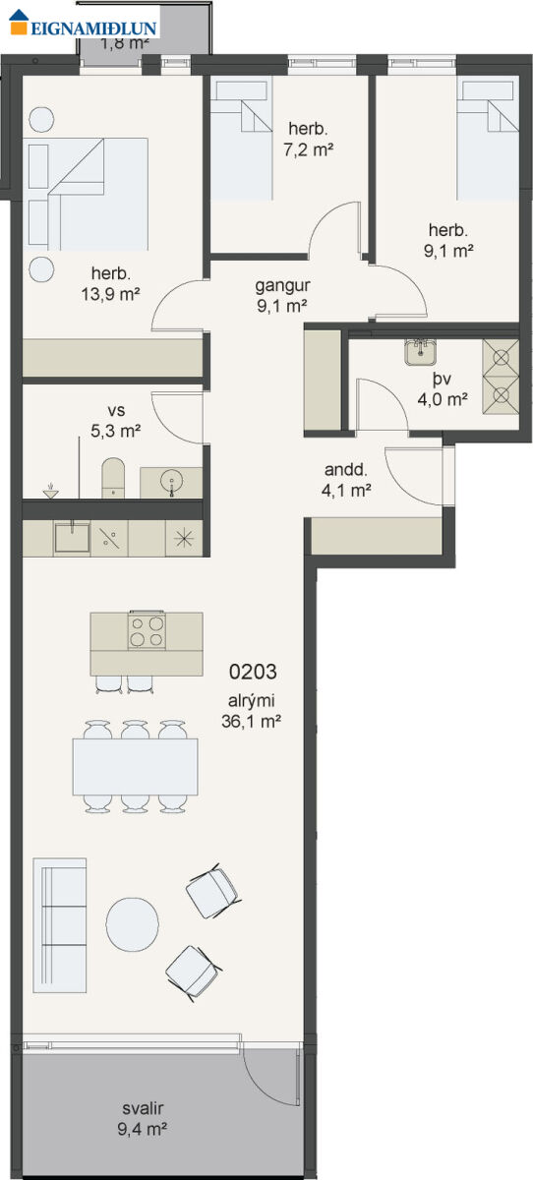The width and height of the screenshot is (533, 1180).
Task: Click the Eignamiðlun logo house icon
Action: tap(19, 22)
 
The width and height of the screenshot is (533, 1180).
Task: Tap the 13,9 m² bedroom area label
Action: tap(110, 294)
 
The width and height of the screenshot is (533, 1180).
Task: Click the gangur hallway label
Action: tap(283, 285)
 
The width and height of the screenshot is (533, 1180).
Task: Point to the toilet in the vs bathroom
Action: tap(113, 478)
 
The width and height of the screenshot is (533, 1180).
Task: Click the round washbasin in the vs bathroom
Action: tap(172, 482)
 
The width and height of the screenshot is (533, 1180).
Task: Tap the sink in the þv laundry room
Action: tap(420, 351)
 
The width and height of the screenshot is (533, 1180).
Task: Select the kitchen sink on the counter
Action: tap(72, 537)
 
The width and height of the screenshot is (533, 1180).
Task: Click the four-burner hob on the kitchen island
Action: tap(147, 630)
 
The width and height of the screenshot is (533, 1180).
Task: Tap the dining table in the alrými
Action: tap(136, 766)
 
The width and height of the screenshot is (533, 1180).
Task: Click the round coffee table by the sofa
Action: tap(132, 924)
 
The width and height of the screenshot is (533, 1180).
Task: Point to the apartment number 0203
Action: tap(253, 672)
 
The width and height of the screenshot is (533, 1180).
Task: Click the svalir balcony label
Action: tap(143, 1108)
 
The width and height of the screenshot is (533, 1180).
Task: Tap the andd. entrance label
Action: tap(345, 469)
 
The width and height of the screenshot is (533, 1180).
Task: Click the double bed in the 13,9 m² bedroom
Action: tap(87, 194)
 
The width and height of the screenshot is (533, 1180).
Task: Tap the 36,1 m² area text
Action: tap(251, 721)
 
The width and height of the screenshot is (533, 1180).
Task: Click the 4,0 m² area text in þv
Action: tap(443, 399)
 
